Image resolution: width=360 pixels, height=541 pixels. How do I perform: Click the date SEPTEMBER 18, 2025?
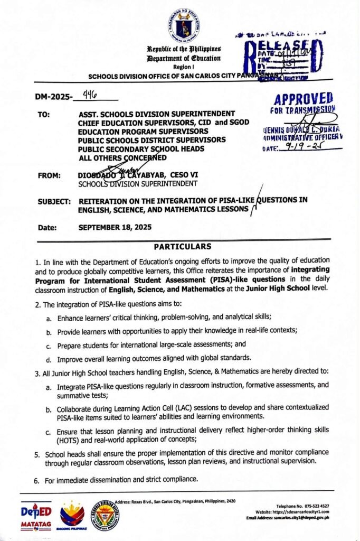(115, 228)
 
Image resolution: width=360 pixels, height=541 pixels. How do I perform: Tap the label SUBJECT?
(54, 201)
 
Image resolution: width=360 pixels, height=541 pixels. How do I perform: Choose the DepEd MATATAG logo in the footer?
(36, 515)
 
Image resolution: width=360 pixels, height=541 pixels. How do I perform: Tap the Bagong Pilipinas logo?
(72, 516)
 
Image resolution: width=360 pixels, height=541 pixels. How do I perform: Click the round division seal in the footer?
(105, 515)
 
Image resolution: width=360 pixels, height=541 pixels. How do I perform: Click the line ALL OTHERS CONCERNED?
(122, 157)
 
